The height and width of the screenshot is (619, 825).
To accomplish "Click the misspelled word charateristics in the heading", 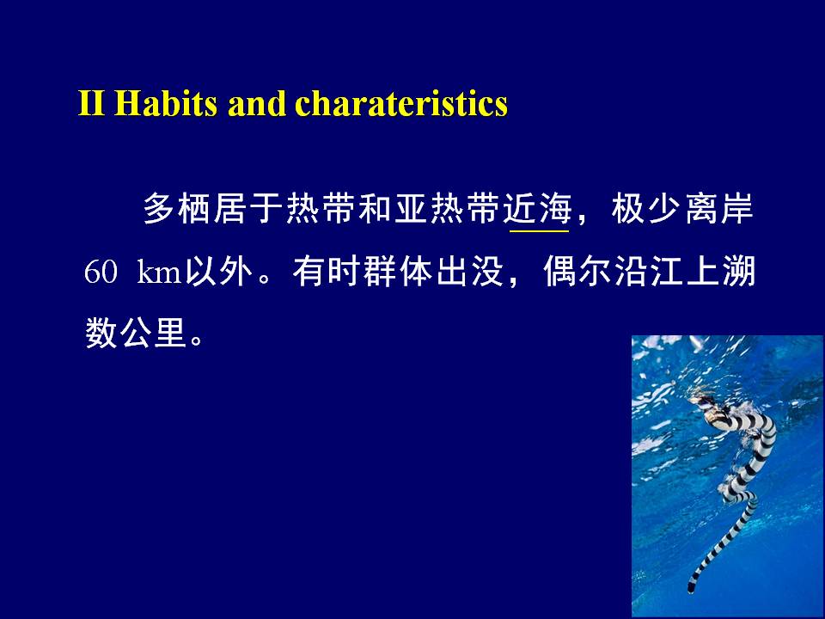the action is (401, 103).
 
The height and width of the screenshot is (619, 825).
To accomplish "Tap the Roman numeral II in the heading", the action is (91, 103).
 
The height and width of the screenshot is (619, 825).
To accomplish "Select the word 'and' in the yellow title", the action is (256, 103).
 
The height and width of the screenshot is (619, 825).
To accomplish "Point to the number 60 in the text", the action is (100, 272).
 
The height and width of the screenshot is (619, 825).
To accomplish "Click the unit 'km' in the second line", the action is (158, 272).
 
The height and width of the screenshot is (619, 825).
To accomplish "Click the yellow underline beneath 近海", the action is (540, 231).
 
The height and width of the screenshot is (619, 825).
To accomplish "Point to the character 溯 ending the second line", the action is (739, 272).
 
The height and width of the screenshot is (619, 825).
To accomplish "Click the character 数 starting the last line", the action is (101, 333).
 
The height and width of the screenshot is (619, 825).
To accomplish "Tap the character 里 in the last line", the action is (170, 333).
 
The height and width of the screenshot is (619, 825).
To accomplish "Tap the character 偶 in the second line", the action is (559, 272).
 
